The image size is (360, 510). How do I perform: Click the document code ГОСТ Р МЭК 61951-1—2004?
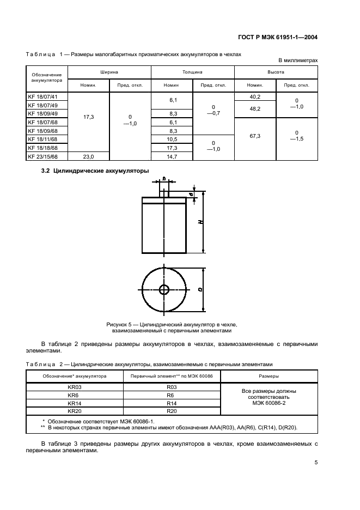[x=278, y=38]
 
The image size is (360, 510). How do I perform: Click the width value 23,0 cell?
[x=88, y=156]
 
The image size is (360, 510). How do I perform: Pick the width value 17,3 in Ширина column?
[x=88, y=117]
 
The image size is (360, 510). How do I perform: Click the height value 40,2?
[x=255, y=96]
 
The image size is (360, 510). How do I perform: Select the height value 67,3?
[x=255, y=135]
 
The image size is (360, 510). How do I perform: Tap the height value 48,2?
[x=255, y=109]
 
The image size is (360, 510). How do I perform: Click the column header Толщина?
[x=192, y=71]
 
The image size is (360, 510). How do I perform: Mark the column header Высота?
[x=276, y=71]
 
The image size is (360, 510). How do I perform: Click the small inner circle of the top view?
[x=164, y=289]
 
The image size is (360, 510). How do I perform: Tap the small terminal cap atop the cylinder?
[x=164, y=191]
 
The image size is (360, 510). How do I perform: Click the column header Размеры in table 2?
[x=269, y=376]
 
